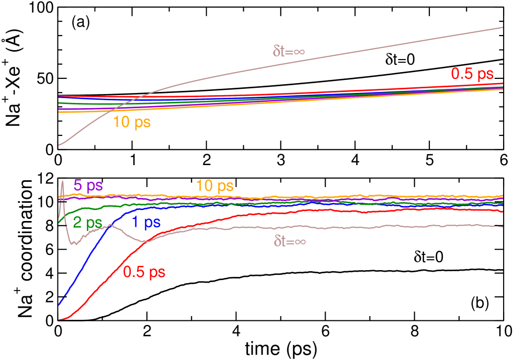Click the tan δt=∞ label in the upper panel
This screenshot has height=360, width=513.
point(289,51)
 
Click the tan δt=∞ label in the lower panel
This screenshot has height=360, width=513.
point(289,241)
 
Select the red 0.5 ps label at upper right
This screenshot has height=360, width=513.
point(472,74)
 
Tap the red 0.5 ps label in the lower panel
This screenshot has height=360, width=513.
point(144,272)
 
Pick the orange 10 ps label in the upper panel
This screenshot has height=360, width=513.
point(132,123)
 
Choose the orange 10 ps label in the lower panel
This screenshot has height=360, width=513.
point(214,185)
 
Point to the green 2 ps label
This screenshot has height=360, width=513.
point(87,223)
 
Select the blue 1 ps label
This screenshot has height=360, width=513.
point(146,223)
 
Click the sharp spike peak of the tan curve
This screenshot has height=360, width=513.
point(63,181)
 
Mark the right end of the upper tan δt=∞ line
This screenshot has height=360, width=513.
point(503,27)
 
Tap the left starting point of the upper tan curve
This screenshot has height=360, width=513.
point(59,145)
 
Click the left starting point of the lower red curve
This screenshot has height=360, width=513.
point(59,319)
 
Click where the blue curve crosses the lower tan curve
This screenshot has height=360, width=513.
point(108,226)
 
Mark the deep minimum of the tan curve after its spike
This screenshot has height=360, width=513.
point(75,244)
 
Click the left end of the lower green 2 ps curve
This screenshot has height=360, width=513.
point(59,223)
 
